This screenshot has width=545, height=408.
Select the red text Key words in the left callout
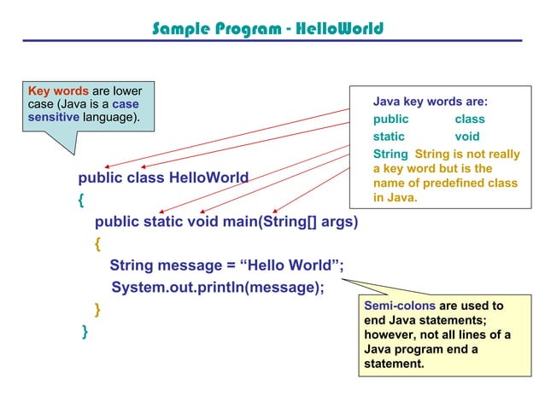[57, 91]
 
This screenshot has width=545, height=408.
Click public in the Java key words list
[390, 119]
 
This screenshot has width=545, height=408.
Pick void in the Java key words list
[467, 137]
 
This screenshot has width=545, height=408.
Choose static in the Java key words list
[389, 137]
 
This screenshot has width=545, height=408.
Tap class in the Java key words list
[470, 119]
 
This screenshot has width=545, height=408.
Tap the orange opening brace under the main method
[98, 244]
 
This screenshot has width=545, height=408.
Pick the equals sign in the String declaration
[229, 265]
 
